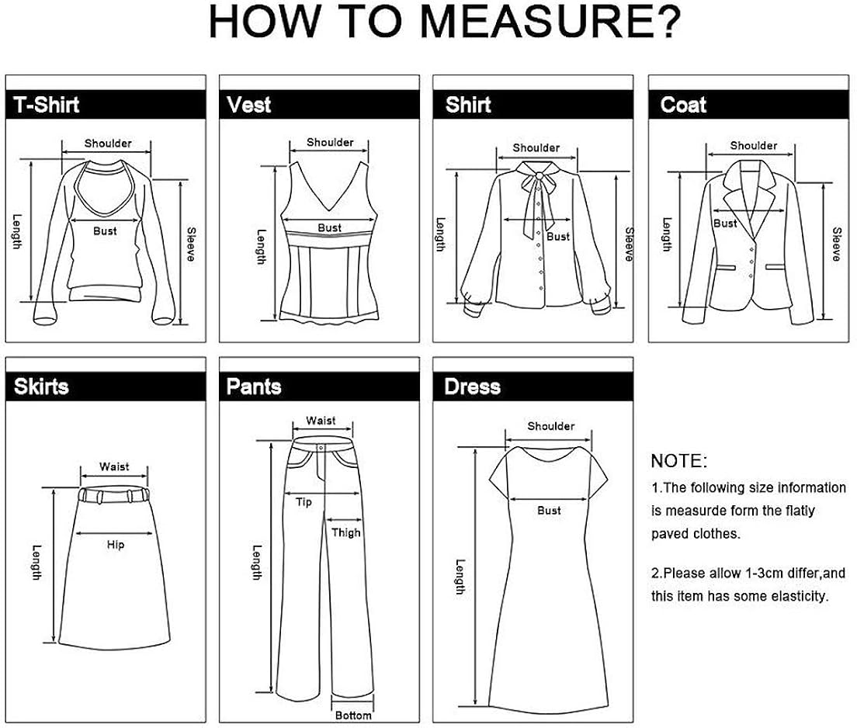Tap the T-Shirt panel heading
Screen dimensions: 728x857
[x=47, y=105]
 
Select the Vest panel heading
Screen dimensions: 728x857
[x=248, y=105]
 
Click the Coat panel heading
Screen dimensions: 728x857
[x=683, y=105]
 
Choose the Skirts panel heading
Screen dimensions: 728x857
[x=41, y=387]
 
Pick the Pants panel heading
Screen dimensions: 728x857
[x=253, y=387]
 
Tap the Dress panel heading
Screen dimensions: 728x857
[x=472, y=387]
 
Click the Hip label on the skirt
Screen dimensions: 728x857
[x=115, y=545]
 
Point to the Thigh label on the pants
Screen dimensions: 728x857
[x=346, y=532]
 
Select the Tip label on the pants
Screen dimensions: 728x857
[x=304, y=503]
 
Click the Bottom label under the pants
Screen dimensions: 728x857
[x=353, y=716]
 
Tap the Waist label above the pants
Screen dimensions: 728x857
[x=321, y=421]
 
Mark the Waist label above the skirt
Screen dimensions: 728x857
[x=114, y=466]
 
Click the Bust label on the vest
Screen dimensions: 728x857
[x=329, y=227]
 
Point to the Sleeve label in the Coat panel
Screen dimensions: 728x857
[x=836, y=244]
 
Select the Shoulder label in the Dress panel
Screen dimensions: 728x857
[x=550, y=426]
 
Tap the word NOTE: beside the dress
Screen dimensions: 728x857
[x=679, y=461]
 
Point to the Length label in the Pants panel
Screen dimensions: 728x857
[x=257, y=562]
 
